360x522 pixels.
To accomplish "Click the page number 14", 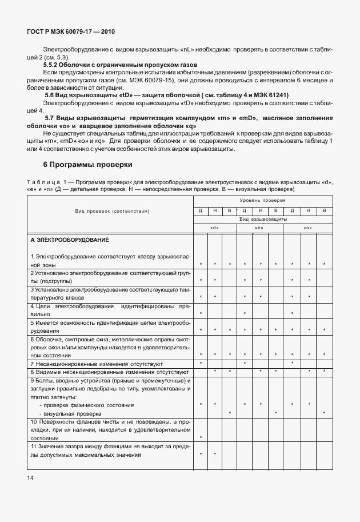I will (30, 477).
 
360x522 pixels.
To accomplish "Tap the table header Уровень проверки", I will (262, 201).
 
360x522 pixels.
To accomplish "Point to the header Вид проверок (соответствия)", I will (112, 211).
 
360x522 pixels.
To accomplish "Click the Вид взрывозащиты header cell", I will (262, 219).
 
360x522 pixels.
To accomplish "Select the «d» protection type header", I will (215, 228).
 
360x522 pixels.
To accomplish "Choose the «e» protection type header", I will (261, 228).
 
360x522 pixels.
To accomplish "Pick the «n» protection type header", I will (309, 228).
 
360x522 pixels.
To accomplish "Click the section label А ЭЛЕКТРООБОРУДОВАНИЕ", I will (69, 240).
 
